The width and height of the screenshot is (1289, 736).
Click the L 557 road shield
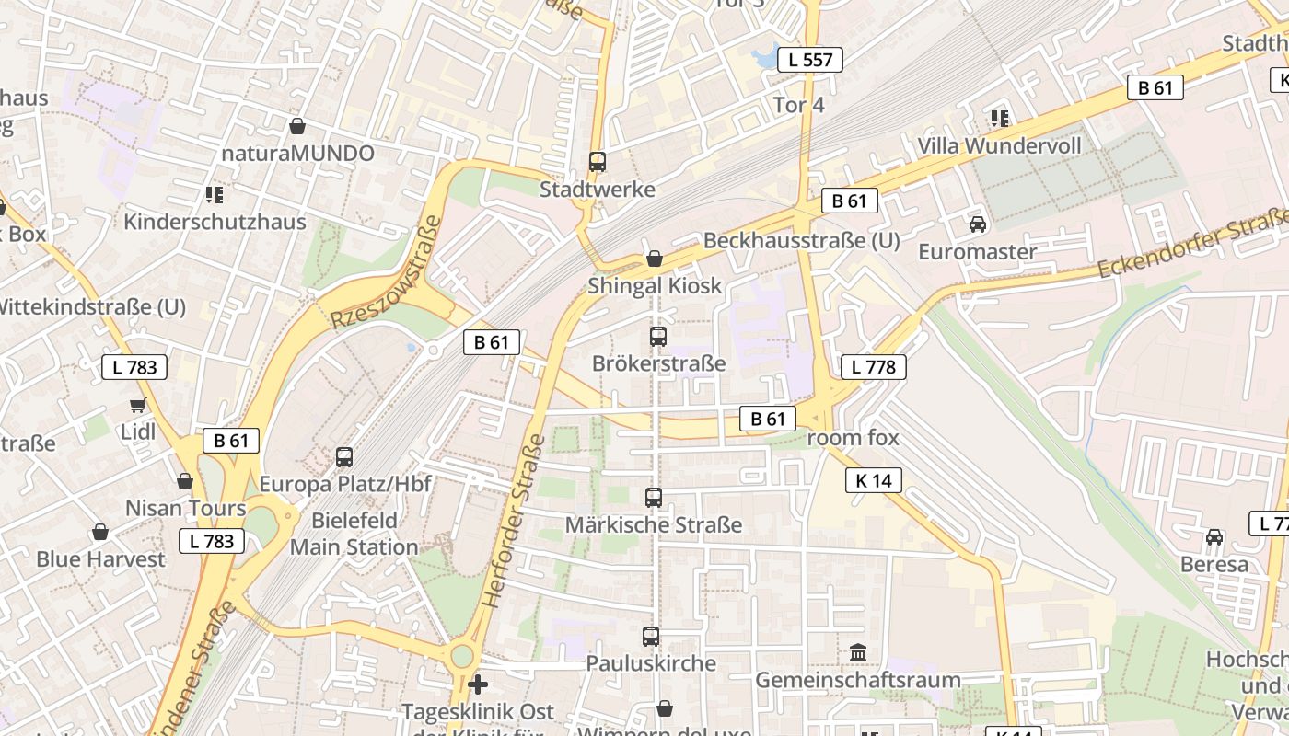coord(810,61)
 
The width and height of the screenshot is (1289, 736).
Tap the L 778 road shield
coord(873,367)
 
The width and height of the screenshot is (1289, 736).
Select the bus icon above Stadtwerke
coord(598,162)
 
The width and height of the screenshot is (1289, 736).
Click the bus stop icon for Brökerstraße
coord(657,337)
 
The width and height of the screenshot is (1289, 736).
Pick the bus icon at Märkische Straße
coord(654,498)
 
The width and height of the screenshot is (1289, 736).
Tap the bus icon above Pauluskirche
coord(651,636)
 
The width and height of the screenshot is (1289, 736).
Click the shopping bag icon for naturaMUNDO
coord(296,126)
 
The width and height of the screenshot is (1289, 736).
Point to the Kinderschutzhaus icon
coord(215,195)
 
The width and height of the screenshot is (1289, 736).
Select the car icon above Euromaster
coord(977,224)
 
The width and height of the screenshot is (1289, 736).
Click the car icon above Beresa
coord(1214,537)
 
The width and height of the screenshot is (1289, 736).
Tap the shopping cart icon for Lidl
coord(138,405)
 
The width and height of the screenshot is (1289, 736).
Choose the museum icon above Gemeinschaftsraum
coord(858,652)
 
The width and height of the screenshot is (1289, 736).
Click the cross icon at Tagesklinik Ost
coord(478,684)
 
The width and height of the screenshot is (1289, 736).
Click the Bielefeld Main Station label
coord(354,534)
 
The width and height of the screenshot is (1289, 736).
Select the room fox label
coord(853,438)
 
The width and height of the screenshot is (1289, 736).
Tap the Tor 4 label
coord(798,105)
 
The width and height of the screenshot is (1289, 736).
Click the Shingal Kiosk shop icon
coord(654,259)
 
